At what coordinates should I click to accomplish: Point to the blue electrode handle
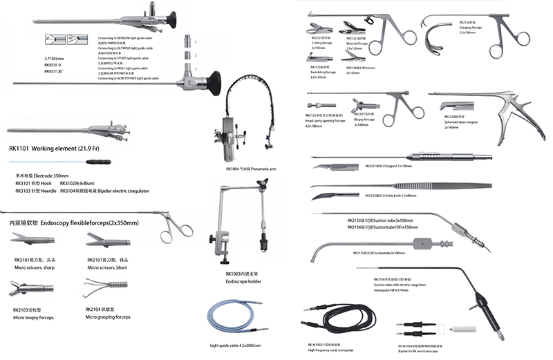coord(103,164)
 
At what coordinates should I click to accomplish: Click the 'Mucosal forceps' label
coord(359,43)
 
